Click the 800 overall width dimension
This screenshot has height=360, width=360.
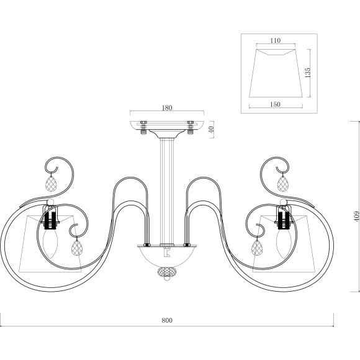(167, 320)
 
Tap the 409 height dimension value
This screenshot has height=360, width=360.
(356, 216)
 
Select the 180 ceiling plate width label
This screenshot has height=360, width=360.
(167, 107)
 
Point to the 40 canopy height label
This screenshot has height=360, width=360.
(212, 129)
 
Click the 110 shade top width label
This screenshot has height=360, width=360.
(276, 40)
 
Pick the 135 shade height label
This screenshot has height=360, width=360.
(307, 73)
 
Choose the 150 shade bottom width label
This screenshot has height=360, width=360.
(276, 104)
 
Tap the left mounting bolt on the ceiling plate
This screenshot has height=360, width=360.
(143, 128)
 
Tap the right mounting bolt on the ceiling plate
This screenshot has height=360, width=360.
(191, 128)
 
